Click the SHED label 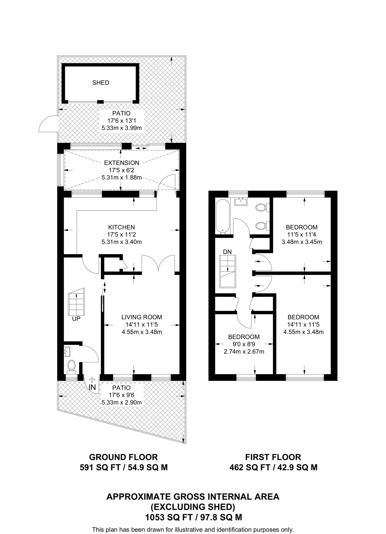tap(101, 83)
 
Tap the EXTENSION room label tap(122, 163)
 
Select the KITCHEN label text tap(122, 227)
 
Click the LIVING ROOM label tap(142, 317)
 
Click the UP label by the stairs tap(76, 319)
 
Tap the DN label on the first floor tap(227, 252)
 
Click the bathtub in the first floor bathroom tap(223, 216)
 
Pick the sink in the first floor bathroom tap(241, 201)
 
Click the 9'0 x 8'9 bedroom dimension tap(244, 344)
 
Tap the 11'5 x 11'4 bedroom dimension tap(302, 234)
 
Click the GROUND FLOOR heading tap(123, 457)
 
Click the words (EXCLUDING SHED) tap(193, 507)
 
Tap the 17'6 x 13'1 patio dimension tap(122, 121)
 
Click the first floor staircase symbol tap(228, 271)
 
